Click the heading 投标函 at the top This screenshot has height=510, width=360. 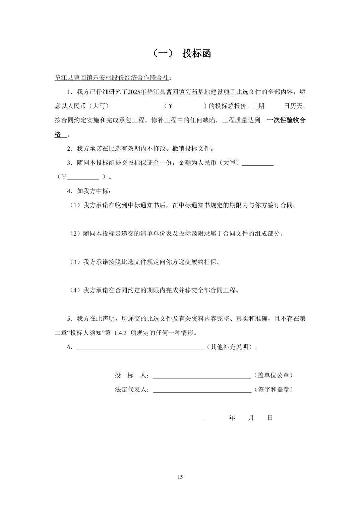coord(197,53)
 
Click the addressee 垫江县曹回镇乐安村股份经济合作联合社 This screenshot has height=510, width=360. coord(111,78)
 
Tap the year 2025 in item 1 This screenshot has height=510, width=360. coord(135,92)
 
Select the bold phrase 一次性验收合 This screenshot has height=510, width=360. coord(286,120)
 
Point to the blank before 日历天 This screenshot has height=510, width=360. coord(274,106)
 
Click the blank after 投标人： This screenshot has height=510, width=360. coord(202,375)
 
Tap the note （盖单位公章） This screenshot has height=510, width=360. coord(273,375)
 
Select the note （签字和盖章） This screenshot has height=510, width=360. coord(273,390)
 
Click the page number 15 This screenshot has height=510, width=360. coord(180,477)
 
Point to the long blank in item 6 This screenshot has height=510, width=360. coord(140,347)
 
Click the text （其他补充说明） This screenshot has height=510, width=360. coord(230,347)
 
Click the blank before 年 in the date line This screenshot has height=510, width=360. coord(216,418)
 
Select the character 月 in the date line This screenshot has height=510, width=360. coord(251,418)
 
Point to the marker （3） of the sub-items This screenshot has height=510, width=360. coord(75,262)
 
